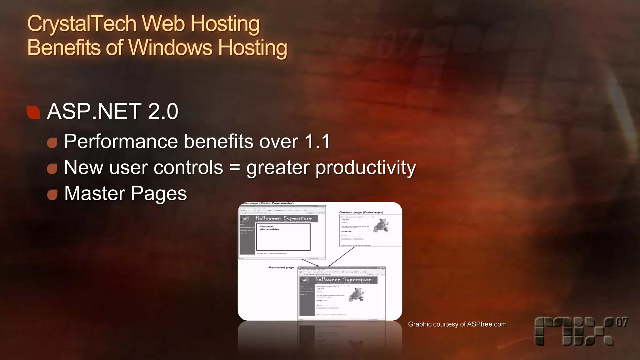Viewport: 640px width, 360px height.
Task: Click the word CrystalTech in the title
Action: (82, 24)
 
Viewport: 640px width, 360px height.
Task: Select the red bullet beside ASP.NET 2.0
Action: (33, 112)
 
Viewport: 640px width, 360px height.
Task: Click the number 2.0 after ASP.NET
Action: (163, 111)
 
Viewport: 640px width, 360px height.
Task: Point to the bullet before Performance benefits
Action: (52, 142)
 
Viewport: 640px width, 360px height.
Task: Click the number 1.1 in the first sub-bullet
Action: (317, 141)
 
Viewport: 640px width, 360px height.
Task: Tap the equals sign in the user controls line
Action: (235, 167)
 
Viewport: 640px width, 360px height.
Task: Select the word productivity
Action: (365, 168)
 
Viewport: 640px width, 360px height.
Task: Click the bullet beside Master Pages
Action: (52, 194)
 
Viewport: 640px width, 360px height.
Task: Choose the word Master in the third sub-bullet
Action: (94, 193)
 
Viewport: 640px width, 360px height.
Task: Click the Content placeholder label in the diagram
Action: (269, 228)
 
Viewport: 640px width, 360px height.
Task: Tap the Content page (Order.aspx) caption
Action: (361, 212)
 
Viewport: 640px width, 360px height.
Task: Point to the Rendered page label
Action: (281, 267)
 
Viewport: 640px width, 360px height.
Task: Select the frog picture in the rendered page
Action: (356, 295)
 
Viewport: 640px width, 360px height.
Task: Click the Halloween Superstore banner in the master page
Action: (283, 218)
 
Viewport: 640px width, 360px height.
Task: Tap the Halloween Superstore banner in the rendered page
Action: (343, 279)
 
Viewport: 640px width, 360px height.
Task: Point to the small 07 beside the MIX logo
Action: (622, 322)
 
